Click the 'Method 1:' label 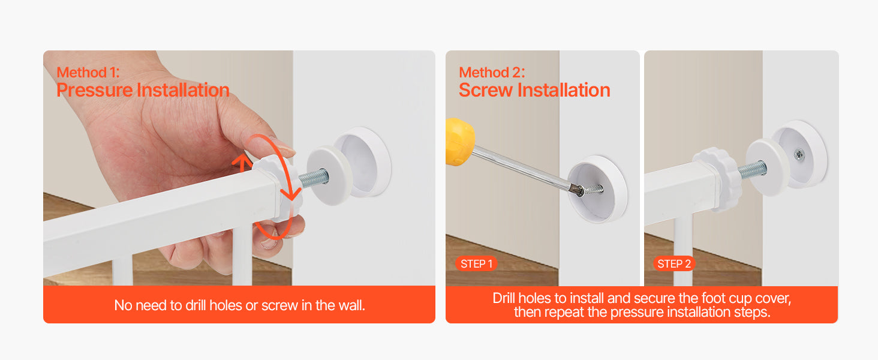coord(88,73)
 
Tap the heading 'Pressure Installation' coord(143,91)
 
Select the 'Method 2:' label coord(492,73)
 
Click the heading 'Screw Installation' coord(534,91)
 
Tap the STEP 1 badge coord(476,264)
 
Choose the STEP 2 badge coord(674,264)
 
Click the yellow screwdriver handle coord(459,142)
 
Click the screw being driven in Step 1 coord(591,189)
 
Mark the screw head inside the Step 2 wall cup coord(799,154)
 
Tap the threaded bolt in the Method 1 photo coord(314,178)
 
